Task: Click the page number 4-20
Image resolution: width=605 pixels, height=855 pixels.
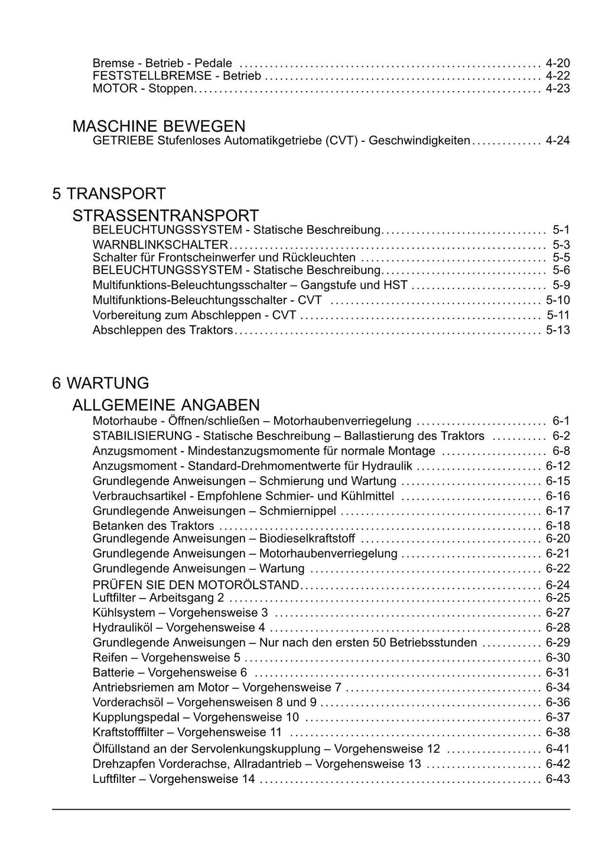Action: click(x=558, y=63)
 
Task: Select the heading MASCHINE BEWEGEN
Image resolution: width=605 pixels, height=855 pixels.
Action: click(x=158, y=126)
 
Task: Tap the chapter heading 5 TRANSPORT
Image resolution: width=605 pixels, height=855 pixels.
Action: click(x=109, y=194)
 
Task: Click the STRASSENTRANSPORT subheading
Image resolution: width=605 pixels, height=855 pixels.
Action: click(x=165, y=216)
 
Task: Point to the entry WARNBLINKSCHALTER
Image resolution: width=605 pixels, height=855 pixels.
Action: click(x=160, y=245)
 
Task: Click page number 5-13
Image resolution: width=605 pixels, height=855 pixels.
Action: click(x=558, y=330)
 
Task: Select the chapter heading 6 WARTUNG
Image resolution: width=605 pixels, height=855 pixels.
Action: click(x=100, y=383)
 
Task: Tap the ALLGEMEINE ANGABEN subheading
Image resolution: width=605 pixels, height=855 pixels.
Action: click(x=165, y=405)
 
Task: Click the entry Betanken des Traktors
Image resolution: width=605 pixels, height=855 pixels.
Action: click(x=154, y=526)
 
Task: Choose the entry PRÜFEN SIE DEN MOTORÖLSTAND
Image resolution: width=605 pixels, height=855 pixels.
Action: click(x=196, y=585)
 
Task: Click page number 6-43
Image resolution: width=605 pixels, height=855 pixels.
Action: click(x=558, y=779)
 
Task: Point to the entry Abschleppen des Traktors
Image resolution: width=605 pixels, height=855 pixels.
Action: click(x=163, y=330)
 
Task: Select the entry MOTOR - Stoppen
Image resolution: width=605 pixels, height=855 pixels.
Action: click(x=142, y=89)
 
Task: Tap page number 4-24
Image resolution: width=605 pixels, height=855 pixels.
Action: click(x=558, y=141)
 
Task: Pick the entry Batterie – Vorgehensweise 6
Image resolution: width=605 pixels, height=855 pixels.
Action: click(x=170, y=672)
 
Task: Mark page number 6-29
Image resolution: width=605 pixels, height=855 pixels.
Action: click(x=558, y=642)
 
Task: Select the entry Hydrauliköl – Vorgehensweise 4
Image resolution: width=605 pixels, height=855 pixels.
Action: click(x=179, y=628)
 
